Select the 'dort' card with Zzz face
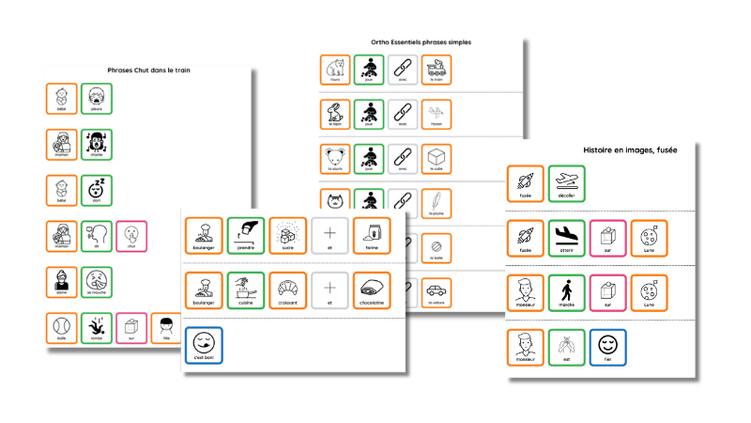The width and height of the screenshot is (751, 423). [97, 190]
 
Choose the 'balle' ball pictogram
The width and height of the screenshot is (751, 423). [62, 327]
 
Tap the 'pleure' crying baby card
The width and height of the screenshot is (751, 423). [97, 99]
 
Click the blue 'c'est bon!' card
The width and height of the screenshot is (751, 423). [204, 344]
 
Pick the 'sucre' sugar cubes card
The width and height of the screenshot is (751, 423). [287, 235]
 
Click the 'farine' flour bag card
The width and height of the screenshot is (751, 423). [371, 235]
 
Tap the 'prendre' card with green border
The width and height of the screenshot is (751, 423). [245, 235]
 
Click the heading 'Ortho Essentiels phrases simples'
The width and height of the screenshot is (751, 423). [421, 42]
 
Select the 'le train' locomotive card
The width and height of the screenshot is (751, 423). [437, 70]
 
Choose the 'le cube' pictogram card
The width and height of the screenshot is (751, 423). [437, 157]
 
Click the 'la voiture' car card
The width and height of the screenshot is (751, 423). [437, 290]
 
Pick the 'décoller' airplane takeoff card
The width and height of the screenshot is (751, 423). [566, 183]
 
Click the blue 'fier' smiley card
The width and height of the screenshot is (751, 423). [607, 347]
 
